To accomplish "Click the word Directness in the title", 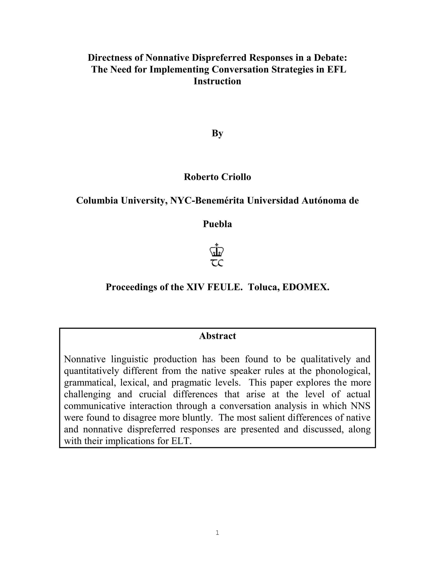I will [x=109, y=58].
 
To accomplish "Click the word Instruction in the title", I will [x=217, y=81].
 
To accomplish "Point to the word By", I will [x=217, y=133].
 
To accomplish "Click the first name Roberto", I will [x=199, y=177].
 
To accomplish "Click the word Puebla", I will [x=217, y=224].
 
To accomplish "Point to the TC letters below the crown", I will [x=217, y=263].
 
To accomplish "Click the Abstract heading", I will [x=217, y=336].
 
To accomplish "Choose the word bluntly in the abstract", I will [x=195, y=418].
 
